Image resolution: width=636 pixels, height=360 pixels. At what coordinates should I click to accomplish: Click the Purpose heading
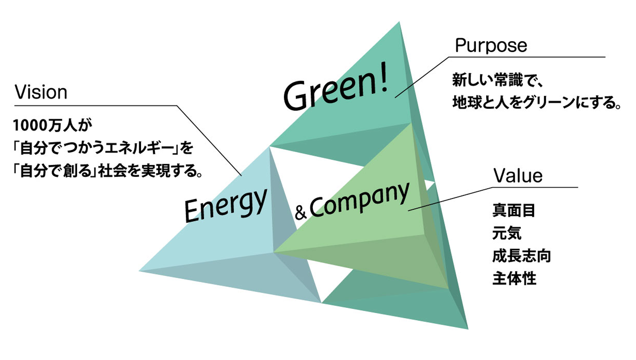(x=491, y=46)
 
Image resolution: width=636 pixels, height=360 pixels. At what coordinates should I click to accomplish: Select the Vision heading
(x=41, y=93)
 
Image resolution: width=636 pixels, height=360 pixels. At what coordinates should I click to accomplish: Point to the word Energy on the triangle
(x=225, y=205)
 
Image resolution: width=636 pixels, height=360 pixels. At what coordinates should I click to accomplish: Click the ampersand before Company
(x=301, y=212)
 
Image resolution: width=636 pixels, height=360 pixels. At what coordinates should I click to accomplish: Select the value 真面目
(x=514, y=210)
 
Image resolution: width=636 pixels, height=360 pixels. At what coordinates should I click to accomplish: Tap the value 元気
(x=507, y=233)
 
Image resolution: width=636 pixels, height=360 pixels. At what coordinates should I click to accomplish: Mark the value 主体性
(x=514, y=279)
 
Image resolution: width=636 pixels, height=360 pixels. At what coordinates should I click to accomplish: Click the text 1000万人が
(x=52, y=126)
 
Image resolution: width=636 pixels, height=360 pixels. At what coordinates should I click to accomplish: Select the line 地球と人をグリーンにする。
(x=537, y=103)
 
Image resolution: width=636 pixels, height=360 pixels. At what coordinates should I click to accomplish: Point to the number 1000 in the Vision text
(x=30, y=126)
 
